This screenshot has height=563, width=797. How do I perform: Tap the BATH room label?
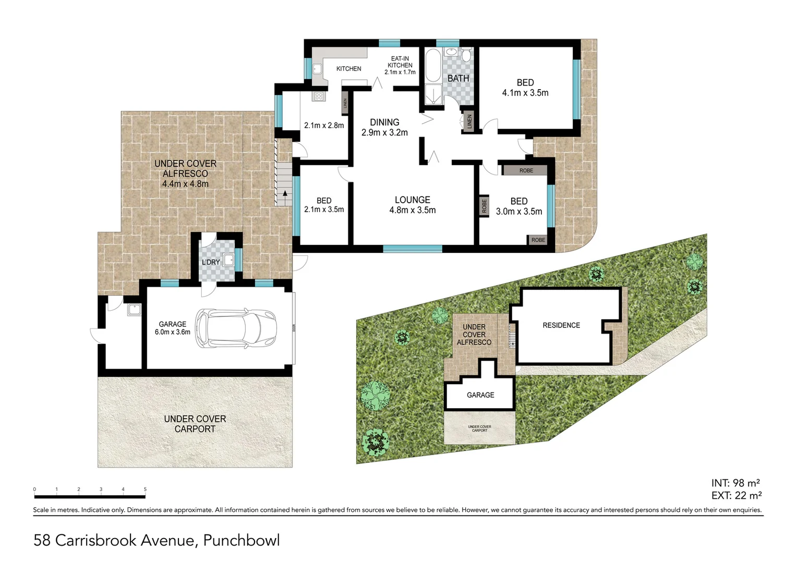point(458,79)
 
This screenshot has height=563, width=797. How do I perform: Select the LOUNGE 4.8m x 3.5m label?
point(412,205)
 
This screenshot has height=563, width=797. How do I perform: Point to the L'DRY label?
point(211,262)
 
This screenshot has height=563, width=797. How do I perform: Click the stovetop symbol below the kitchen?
point(319,96)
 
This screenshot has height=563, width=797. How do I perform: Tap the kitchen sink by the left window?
point(317,68)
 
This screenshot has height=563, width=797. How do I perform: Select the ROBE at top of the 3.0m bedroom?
point(526,170)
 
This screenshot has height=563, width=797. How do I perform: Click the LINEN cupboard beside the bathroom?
point(469,121)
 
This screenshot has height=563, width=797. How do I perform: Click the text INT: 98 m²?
point(735,483)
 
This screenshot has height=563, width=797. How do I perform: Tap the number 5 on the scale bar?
point(145,489)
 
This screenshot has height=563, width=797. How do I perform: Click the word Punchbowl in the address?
point(241,540)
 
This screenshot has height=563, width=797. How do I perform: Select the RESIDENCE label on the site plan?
point(561,325)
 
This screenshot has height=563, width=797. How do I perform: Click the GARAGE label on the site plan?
point(480,395)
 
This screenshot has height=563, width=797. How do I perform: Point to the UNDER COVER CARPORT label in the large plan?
point(195,424)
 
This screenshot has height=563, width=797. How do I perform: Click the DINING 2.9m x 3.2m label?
point(384,127)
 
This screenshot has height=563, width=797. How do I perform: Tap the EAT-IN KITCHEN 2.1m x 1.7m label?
point(400,65)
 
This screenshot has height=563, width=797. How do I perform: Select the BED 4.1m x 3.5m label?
point(525,88)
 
